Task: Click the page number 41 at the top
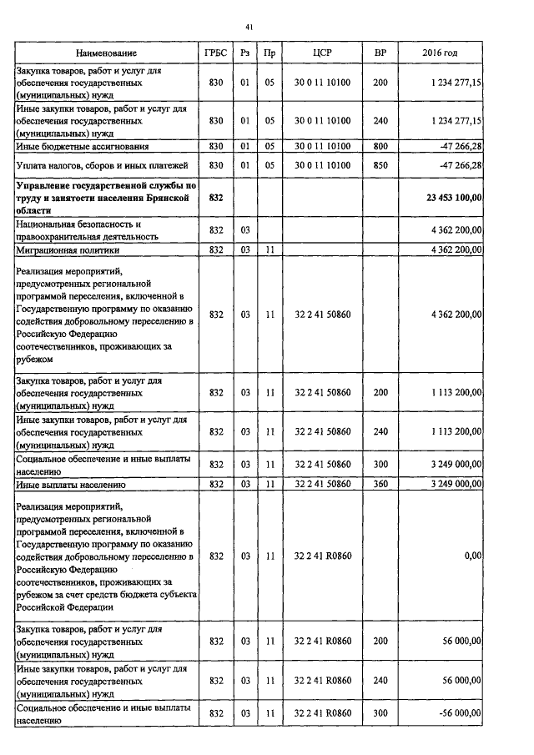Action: pos(249,28)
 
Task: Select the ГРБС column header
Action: pos(215,53)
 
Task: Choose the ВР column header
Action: pos(380,53)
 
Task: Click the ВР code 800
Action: pos(380,147)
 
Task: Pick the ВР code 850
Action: pos(380,165)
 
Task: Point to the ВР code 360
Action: pos(380,484)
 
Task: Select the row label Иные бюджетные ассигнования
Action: pos(82,147)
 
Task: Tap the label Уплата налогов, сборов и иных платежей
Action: pos(102,165)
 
